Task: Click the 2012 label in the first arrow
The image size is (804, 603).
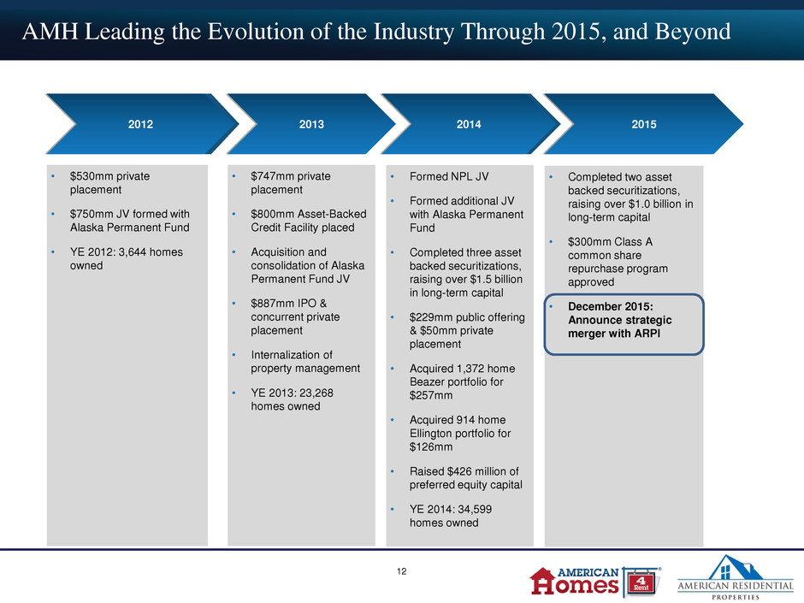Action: coord(140,124)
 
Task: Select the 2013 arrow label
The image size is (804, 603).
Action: coord(311,124)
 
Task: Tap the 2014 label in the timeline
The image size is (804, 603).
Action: coord(469,124)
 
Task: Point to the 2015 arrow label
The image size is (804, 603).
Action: coord(644,124)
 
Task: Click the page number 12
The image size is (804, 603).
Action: coord(401,571)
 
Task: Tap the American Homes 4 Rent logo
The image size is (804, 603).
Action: coord(594,582)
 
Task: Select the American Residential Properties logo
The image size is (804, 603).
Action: coord(736,577)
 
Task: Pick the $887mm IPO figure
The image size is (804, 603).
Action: coord(269,303)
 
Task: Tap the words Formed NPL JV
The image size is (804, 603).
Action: coord(449,176)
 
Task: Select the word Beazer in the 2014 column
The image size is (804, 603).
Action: coord(427,382)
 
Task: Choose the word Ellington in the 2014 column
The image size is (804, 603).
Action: coord(432,434)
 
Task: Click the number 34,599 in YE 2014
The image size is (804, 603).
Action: coord(472,509)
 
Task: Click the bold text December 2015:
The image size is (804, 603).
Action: coord(611,306)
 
